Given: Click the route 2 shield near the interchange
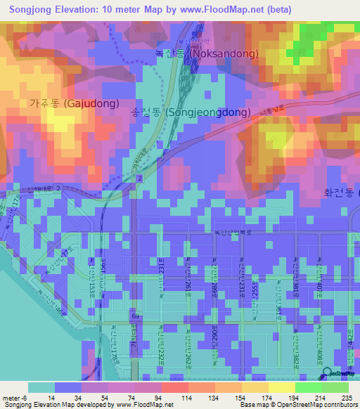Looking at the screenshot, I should click(140, 181).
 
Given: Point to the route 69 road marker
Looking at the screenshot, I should click(134, 318).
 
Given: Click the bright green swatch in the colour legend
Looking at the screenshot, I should click(308, 387).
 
